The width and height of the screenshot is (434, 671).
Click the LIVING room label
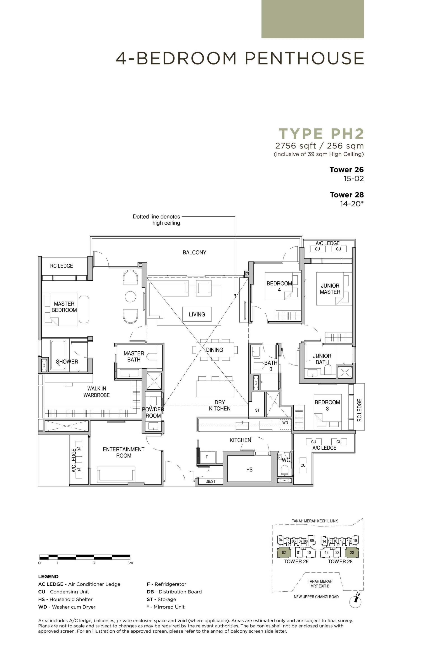pyautogui.click(x=197, y=314)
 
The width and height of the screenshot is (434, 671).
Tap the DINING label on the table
pyautogui.click(x=215, y=350)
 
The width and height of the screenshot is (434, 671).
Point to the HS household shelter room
pyautogui.click(x=249, y=469)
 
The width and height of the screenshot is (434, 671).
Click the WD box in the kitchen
pyautogui.click(x=285, y=423)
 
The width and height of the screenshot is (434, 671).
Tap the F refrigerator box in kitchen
pyautogui.click(x=207, y=457)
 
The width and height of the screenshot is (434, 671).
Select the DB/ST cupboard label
pyautogui.click(x=210, y=481)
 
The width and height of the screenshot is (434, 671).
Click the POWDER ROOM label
pyautogui.click(x=153, y=413)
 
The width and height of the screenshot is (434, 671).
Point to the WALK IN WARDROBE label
pyautogui.click(x=96, y=392)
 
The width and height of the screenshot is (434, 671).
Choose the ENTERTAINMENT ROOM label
pyautogui.click(x=123, y=452)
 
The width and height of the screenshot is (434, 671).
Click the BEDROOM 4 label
pyautogui.click(x=279, y=287)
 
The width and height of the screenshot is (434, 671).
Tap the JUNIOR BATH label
pyautogui.click(x=322, y=359)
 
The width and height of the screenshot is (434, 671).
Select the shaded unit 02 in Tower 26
pyautogui.click(x=284, y=552)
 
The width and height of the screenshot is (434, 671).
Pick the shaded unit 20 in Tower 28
pyautogui.click(x=352, y=552)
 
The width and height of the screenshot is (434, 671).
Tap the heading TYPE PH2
pyautogui.click(x=321, y=134)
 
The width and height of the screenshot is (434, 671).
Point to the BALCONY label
pyautogui.click(x=194, y=252)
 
